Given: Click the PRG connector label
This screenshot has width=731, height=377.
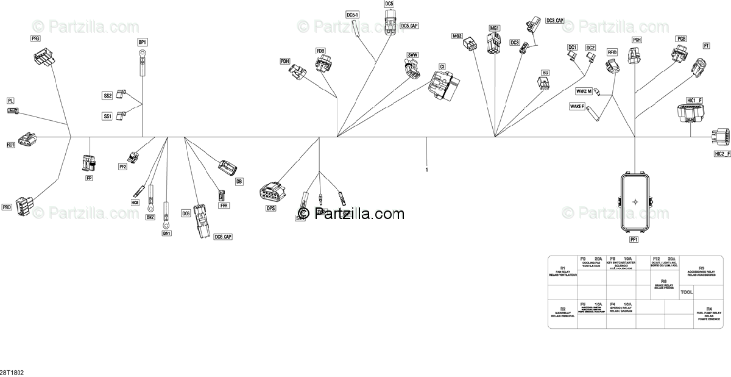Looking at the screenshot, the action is click(35, 38).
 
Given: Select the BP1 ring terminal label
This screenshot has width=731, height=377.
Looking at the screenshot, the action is click(143, 42).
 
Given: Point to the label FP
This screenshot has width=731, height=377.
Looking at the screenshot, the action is click(90, 178).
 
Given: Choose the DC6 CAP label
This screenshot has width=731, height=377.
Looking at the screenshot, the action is click(223, 236).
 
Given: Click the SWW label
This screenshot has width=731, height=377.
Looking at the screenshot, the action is click(412, 56).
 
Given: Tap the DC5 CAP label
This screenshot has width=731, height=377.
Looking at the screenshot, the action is click(409, 26).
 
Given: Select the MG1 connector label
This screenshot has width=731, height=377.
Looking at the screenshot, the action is click(494, 28).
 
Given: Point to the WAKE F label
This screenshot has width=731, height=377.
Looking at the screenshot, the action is click(576, 106).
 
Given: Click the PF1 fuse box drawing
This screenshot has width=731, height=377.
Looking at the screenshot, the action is click(635, 201).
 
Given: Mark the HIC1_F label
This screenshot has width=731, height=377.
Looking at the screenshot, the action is click(694, 100).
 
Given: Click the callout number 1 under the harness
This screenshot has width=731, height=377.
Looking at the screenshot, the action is click(427, 170).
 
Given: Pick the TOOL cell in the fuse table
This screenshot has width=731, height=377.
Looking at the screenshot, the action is click(687, 292).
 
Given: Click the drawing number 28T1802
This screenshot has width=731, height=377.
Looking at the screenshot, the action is click(12, 371).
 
